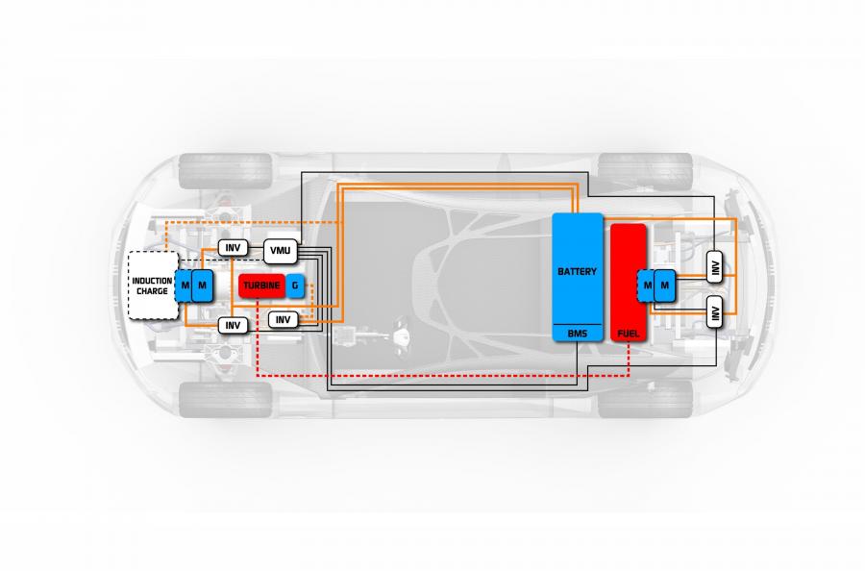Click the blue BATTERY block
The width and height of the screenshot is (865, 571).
[578, 277]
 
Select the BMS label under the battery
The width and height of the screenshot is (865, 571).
[577, 334]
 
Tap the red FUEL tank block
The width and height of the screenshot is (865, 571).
[629, 283]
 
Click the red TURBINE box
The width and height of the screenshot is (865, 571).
[261, 285]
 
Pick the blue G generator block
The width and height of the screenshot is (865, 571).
[295, 285]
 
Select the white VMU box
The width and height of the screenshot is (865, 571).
[281, 251]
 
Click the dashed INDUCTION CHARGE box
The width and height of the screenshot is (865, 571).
[153, 285]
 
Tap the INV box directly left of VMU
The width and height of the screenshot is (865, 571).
[233, 248]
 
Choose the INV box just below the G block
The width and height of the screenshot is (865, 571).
[283, 319]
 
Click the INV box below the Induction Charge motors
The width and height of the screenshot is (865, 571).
[233, 326]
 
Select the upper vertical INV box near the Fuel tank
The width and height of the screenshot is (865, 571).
[715, 267]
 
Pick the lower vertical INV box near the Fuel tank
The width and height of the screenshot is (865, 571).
[715, 311]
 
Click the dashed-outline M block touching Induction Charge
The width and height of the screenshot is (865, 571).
[184, 285]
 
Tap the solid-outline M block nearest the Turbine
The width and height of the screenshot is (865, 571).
[202, 285]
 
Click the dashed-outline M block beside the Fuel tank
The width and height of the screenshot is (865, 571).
[646, 285]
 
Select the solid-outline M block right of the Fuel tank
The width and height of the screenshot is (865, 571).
[664, 285]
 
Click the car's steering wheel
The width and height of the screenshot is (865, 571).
[401, 332]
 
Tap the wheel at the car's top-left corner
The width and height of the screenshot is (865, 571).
[226, 171]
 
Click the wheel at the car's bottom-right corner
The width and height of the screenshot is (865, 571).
[645, 400]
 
